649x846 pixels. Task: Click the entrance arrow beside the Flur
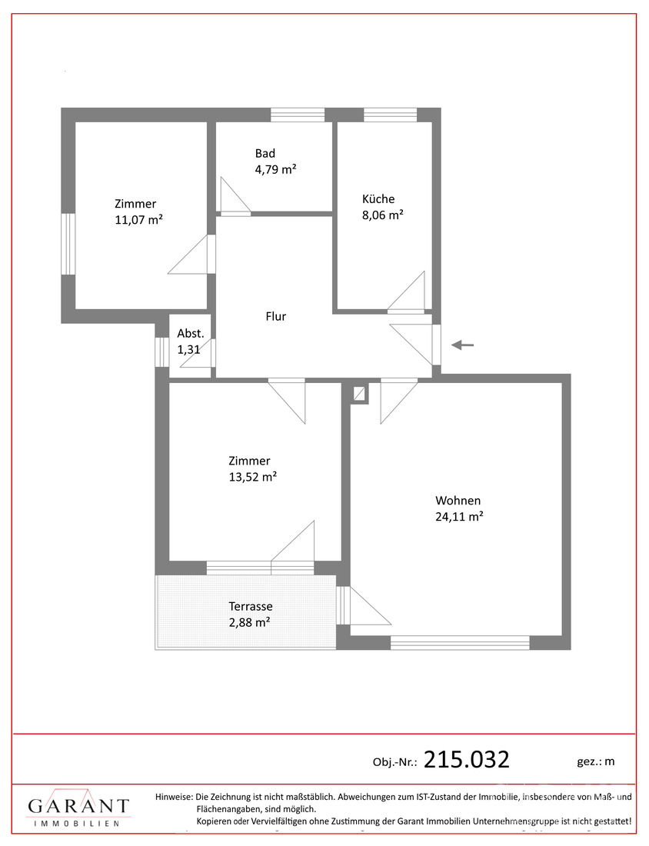point(462,345)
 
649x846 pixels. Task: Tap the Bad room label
point(265,153)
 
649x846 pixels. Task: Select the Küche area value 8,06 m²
point(382,215)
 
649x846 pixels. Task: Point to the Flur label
point(276,316)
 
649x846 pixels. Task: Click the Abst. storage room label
point(191,334)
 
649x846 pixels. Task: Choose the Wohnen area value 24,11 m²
point(459,516)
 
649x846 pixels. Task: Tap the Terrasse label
point(251,606)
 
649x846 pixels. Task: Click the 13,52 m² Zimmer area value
point(252,477)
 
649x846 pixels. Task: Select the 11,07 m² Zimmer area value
point(138,220)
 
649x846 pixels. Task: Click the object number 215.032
point(467,759)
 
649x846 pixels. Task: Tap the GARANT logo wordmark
point(78,806)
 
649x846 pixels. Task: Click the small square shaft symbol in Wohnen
point(359,393)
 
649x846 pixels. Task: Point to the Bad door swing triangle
point(235,195)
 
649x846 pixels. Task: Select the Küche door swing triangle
point(408,291)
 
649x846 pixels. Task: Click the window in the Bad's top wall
point(298,115)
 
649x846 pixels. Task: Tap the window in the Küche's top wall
point(390,115)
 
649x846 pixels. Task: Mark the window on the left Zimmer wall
point(68,244)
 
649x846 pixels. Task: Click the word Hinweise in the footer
point(173,796)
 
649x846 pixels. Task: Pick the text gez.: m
point(596,762)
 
